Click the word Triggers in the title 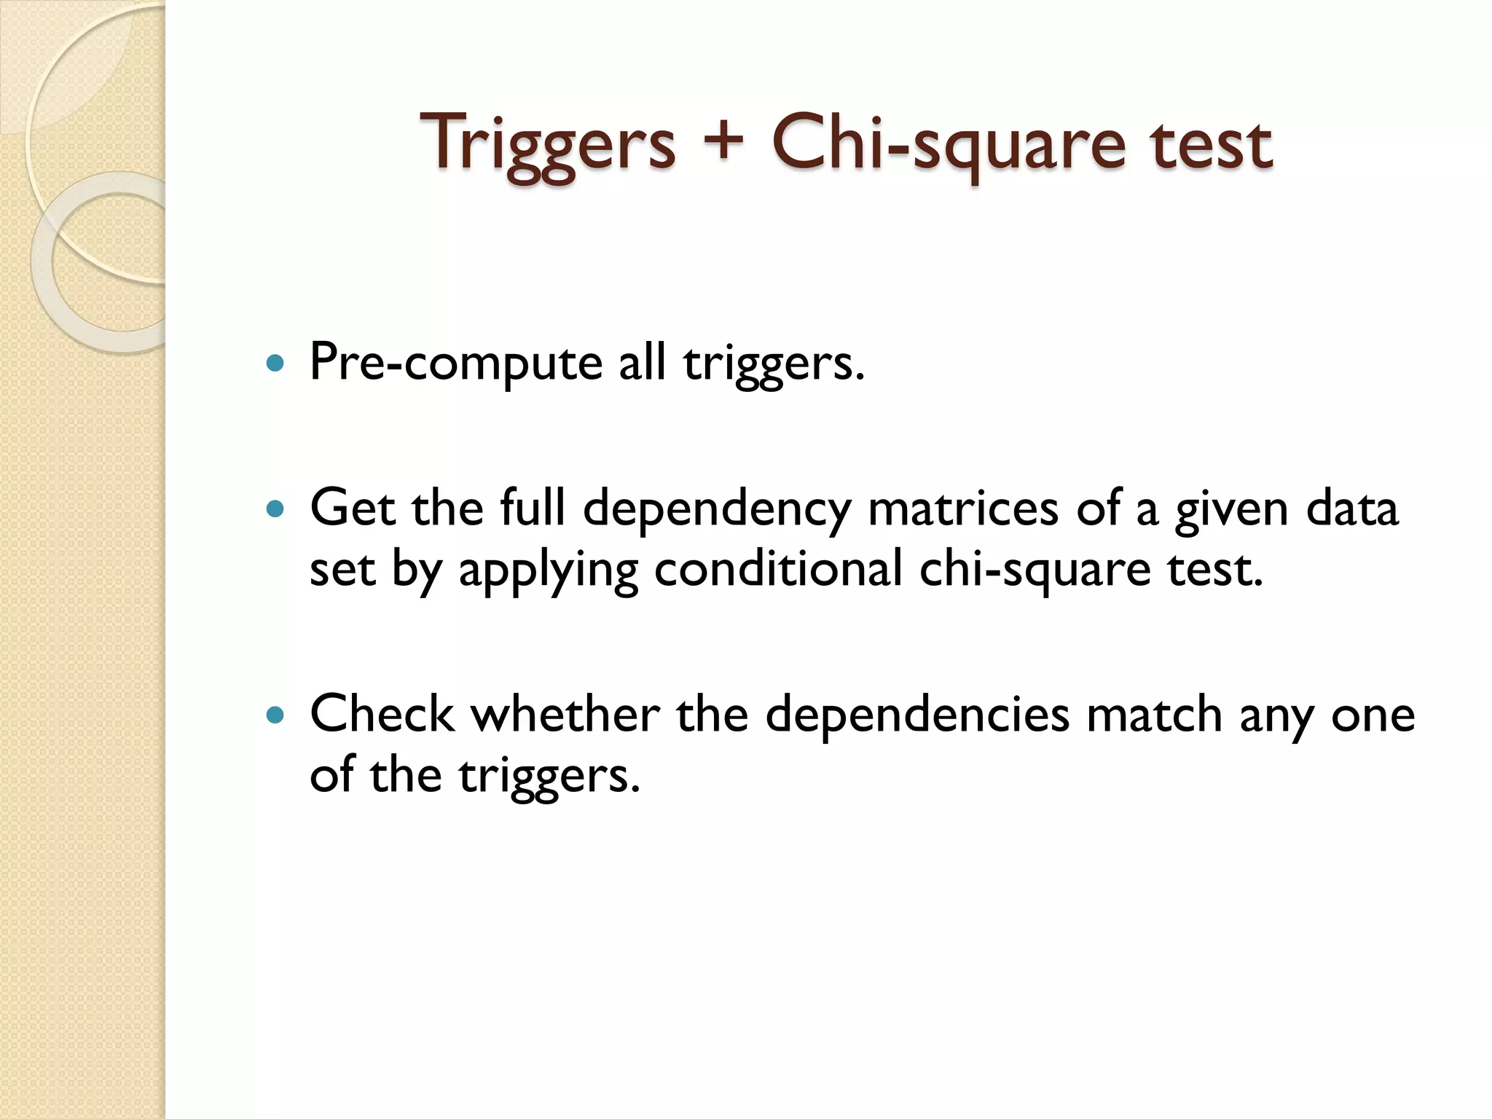[548, 144]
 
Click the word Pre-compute [455, 363]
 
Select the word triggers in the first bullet [773, 363]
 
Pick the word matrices [963, 508]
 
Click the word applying [548, 570]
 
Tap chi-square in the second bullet [1034, 570]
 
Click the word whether [565, 714]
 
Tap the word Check [382, 714]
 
